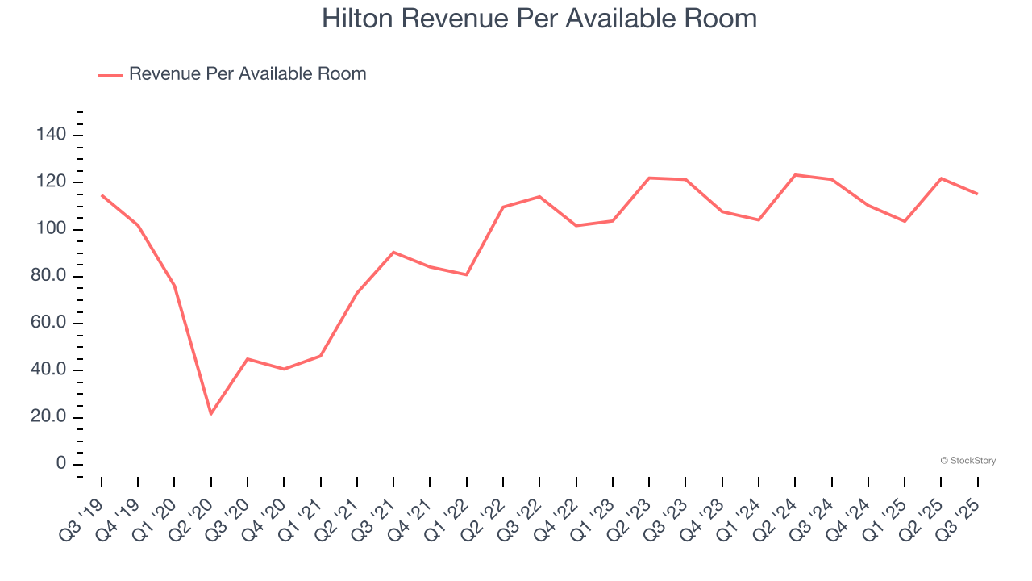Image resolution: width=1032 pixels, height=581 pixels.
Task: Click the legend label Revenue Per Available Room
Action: click(248, 74)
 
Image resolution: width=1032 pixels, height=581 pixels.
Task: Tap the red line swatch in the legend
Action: click(110, 75)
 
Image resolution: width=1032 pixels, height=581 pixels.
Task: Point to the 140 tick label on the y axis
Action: click(51, 135)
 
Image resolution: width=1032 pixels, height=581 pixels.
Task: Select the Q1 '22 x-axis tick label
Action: click(449, 508)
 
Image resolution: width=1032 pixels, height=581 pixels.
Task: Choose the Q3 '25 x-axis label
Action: click(960, 508)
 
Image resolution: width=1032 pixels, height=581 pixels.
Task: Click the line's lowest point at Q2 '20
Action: click(211, 414)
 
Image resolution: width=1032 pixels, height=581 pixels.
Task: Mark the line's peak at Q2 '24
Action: click(795, 174)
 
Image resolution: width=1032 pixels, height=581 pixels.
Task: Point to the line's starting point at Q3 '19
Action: click(102, 195)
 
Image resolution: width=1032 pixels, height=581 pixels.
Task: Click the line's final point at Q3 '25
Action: click(977, 194)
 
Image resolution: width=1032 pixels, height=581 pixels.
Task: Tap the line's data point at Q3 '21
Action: click(393, 252)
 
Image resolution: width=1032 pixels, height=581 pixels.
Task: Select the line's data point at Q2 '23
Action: click(649, 178)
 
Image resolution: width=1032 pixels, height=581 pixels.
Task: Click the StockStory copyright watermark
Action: click(967, 461)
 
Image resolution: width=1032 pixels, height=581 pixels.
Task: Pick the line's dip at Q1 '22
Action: click(467, 274)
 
